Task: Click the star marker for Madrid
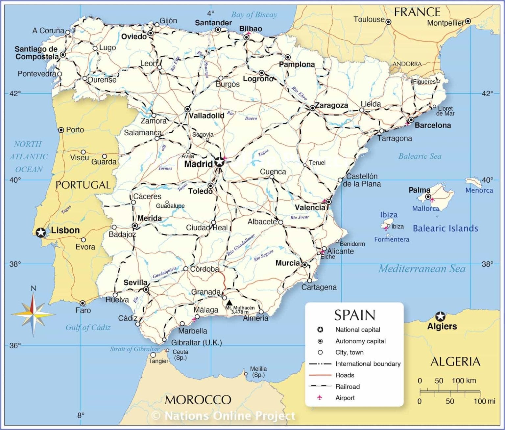coord(219,162)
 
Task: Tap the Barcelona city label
coord(432,125)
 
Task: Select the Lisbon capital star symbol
coord(40,232)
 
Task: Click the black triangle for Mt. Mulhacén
coord(229,302)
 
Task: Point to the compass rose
coord(33,314)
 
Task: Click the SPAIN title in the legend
coord(354,315)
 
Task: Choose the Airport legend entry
coord(345,398)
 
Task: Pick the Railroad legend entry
coord(347,387)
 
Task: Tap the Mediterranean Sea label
coord(422,269)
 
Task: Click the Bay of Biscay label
coord(254,14)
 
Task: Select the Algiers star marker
coord(440,317)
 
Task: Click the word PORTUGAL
coord(83,185)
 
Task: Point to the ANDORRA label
coord(407,64)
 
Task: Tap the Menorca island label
coord(479,190)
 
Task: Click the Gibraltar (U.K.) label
coord(196,342)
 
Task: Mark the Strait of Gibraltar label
coord(134,349)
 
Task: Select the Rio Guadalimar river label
coord(241,245)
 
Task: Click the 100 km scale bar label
coord(464,381)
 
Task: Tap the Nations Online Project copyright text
coord(224,416)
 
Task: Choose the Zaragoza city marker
coord(312,108)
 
